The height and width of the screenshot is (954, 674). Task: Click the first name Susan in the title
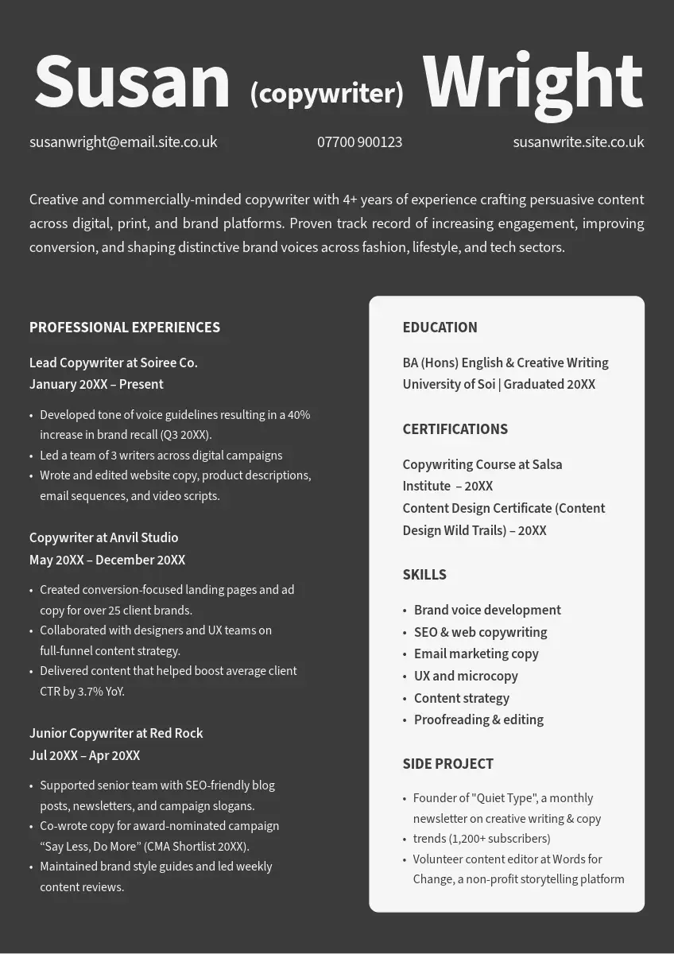(x=132, y=82)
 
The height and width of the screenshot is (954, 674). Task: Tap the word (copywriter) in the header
(x=327, y=93)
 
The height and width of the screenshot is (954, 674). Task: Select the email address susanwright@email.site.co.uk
(x=123, y=142)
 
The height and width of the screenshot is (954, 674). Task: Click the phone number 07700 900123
(x=359, y=142)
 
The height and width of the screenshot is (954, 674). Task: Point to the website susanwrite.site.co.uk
(x=578, y=142)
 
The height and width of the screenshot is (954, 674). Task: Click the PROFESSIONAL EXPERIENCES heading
(x=125, y=328)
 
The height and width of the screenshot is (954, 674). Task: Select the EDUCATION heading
(x=440, y=328)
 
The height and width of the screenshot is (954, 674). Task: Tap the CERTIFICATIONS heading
(x=455, y=429)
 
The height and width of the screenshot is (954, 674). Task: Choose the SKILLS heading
(x=424, y=575)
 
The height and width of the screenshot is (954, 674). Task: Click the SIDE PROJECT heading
(x=447, y=764)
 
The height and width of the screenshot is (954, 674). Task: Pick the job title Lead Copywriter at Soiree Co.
(x=114, y=363)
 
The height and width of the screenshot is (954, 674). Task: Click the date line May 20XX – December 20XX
(x=107, y=560)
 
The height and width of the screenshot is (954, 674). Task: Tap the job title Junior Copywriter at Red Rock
(x=116, y=733)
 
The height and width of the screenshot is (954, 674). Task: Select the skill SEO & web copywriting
(x=480, y=632)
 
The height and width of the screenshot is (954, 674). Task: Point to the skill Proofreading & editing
(x=478, y=719)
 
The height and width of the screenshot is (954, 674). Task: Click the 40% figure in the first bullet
(x=299, y=415)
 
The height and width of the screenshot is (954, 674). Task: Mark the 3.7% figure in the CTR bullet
(x=91, y=692)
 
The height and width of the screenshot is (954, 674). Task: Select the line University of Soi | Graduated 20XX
(x=498, y=385)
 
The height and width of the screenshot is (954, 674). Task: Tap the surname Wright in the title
(x=533, y=82)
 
